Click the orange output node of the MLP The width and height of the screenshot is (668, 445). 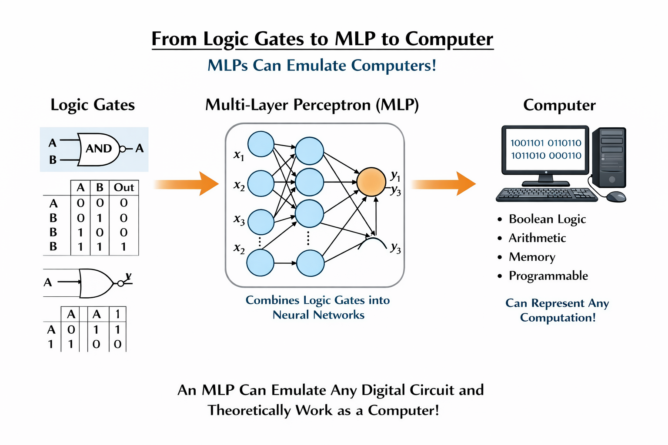pos(371,182)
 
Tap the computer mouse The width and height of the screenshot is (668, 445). pos(616,196)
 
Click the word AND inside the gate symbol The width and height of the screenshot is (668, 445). pos(99,149)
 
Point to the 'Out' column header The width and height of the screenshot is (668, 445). pos(124,187)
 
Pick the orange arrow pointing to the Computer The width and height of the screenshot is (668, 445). pos(443,184)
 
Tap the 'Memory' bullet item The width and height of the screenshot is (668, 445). pos(532,257)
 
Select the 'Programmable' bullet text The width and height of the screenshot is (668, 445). pos(548,276)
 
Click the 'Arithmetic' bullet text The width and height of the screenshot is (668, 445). pos(537,238)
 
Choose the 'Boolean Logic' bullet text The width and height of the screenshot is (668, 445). pos(547,219)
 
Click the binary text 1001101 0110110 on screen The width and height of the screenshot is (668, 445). pos(546,143)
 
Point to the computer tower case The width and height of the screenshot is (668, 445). pos(611,157)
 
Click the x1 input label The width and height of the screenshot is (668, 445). pos(239,155)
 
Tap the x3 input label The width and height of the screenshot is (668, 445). pos(239,220)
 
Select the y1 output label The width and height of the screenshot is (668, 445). pos(395,176)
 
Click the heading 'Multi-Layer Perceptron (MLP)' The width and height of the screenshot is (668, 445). pos(312,105)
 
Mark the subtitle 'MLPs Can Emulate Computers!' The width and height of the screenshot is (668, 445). pos(322,66)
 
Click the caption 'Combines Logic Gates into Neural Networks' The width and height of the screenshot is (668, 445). pos(318,307)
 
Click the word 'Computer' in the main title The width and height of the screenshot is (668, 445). pos(449,39)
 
